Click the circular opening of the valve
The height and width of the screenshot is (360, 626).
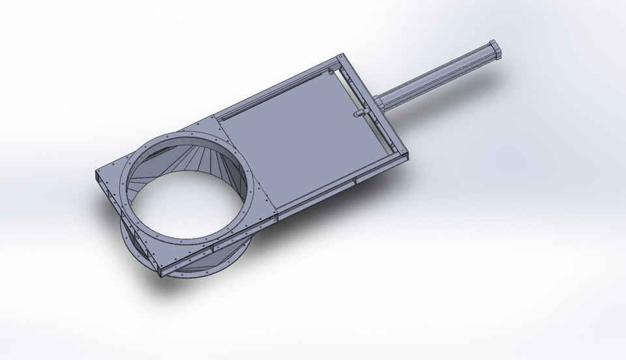(x=189, y=196)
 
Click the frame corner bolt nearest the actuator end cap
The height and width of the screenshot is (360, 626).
(x=339, y=57)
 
